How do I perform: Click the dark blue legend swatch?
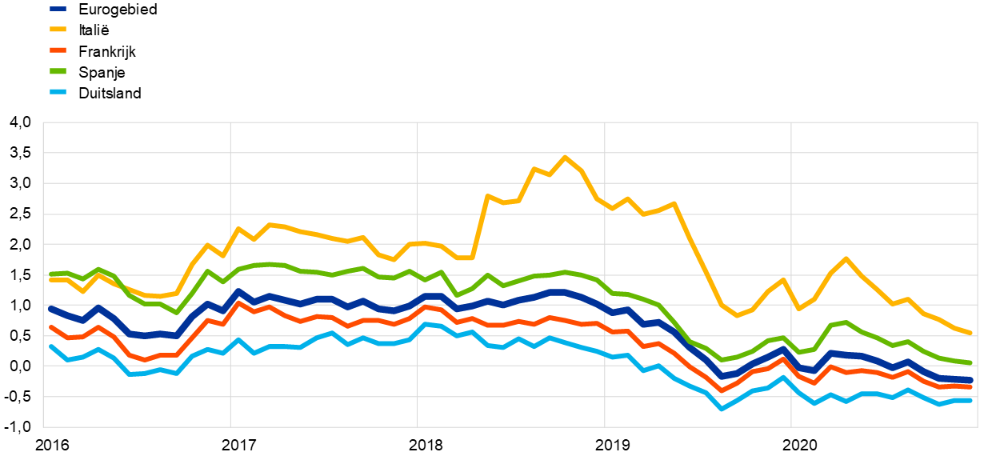click(x=58, y=9)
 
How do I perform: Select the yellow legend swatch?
click(x=58, y=30)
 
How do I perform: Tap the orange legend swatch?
click(x=58, y=50)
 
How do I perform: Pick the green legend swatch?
click(x=58, y=71)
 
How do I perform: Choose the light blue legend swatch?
click(x=58, y=92)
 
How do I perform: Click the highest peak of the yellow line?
click(x=565, y=157)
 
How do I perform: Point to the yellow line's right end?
click(x=970, y=333)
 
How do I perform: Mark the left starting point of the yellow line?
click(x=50, y=279)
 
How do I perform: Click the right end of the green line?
click(x=970, y=363)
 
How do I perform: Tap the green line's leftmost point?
click(x=50, y=274)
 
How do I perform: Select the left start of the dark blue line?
click(x=50, y=308)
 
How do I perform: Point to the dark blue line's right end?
click(x=970, y=380)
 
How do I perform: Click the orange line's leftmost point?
click(x=50, y=326)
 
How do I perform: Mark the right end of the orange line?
click(x=970, y=387)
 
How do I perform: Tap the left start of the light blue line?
click(x=50, y=346)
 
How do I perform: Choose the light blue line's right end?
click(x=970, y=400)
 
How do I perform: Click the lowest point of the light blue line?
click(x=721, y=409)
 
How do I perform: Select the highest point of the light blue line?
click(x=425, y=324)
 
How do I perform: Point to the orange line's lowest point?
click(x=721, y=391)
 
